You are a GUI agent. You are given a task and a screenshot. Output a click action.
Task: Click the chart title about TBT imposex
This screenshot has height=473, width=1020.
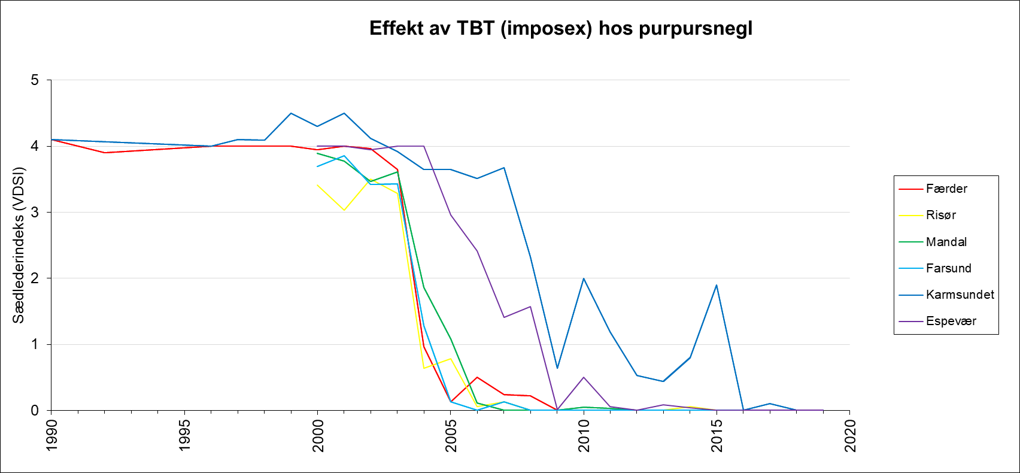click(560, 28)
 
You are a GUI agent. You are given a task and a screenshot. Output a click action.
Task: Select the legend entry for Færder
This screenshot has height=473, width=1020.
click(946, 189)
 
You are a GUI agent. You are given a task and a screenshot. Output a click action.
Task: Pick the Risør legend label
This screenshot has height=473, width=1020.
click(940, 215)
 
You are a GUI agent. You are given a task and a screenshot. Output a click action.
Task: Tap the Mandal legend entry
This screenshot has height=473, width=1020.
click(946, 242)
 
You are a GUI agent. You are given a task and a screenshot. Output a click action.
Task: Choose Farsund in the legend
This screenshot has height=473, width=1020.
click(948, 268)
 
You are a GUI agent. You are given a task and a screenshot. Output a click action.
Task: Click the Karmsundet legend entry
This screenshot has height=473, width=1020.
click(960, 295)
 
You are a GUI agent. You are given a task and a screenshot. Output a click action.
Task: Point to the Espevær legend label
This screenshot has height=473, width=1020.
click(951, 321)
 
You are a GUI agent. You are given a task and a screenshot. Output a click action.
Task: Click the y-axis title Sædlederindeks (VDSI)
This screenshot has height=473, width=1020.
click(19, 245)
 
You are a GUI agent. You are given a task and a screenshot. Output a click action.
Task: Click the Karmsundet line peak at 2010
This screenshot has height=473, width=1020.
click(584, 278)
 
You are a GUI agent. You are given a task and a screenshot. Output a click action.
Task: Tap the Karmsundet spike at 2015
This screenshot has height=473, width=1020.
click(717, 285)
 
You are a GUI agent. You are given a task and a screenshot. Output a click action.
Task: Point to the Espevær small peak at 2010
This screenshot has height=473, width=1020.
click(584, 377)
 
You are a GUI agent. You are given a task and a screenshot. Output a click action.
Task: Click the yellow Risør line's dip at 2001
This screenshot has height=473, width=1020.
click(344, 210)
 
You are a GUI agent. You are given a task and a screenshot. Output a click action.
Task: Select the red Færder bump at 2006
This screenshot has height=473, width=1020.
click(477, 377)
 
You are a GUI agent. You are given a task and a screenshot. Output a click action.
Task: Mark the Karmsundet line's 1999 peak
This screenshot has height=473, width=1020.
click(291, 113)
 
